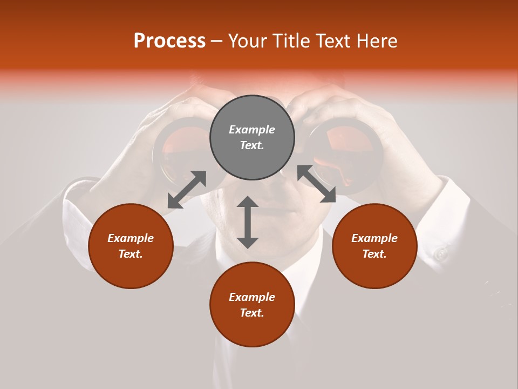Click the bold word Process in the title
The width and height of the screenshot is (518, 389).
pyautogui.click(x=169, y=41)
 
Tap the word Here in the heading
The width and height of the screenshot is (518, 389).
pyautogui.click(x=376, y=41)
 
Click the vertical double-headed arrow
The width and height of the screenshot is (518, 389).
pyautogui.click(x=248, y=222)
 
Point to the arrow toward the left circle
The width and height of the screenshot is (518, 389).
pyautogui.click(x=187, y=190)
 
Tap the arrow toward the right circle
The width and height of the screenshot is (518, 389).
pyautogui.click(x=316, y=184)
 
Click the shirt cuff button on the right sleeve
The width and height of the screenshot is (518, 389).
pyautogui.click(x=442, y=252)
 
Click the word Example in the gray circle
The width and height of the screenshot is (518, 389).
pyautogui.click(x=252, y=130)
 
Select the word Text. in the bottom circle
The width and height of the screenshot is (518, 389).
pyautogui.click(x=252, y=313)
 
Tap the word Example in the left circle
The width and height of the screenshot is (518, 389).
pyautogui.click(x=131, y=238)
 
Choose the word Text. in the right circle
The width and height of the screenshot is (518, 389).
pyautogui.click(x=374, y=254)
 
